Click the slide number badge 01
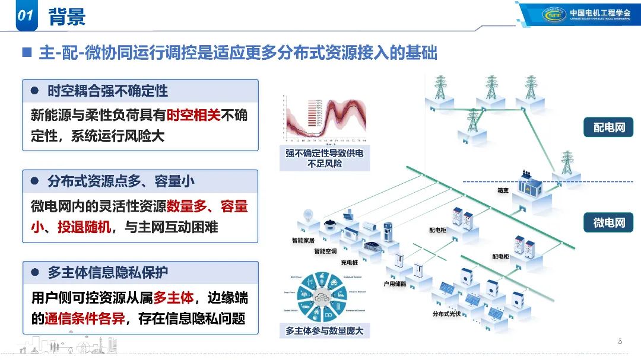[24, 16]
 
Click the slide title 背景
[66, 16]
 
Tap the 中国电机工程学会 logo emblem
[555, 14]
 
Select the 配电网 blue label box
[609, 128]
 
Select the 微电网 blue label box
[609, 223]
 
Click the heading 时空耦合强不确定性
[107, 91]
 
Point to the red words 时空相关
[193, 115]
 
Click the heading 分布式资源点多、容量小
[121, 181]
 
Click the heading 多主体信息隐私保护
[107, 272]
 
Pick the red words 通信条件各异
[84, 318]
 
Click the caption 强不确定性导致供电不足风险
[324, 158]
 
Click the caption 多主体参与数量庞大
[324, 331]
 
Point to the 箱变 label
[503, 191]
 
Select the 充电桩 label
[349, 262]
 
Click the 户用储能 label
[395, 284]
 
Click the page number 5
[620, 341]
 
